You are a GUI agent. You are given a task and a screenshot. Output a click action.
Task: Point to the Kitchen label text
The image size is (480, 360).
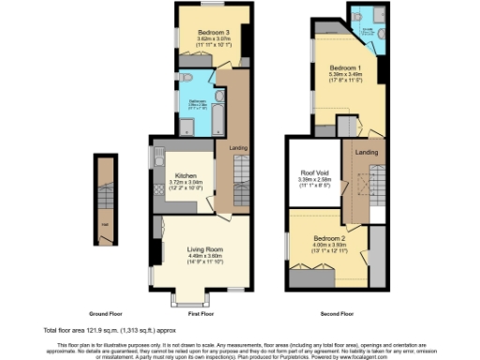(x=182, y=175)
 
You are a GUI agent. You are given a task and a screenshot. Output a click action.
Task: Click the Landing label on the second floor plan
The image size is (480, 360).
(x=367, y=153)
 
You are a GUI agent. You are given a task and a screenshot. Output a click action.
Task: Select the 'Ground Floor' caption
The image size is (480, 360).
(x=108, y=312)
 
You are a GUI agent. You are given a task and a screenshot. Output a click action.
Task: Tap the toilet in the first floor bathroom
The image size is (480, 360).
(x=186, y=78)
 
